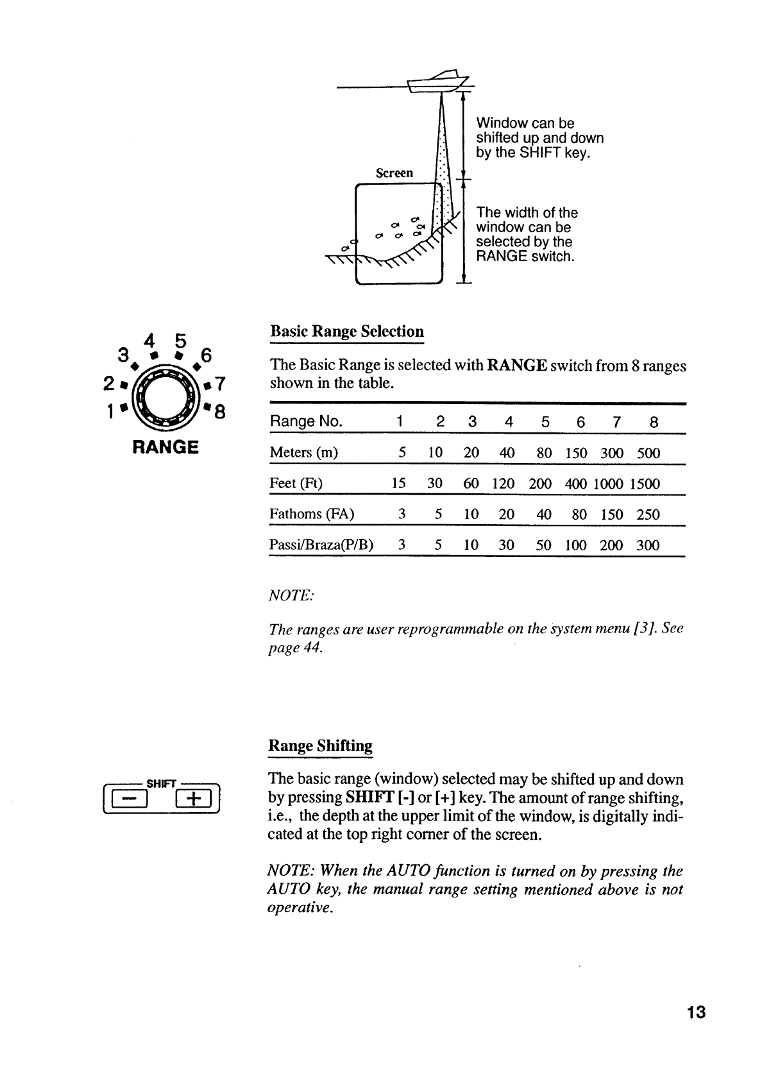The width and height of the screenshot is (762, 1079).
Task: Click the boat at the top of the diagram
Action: [x=441, y=81]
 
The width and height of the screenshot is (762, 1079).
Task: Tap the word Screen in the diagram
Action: [x=394, y=173]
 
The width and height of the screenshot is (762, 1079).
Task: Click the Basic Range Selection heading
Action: [x=347, y=332]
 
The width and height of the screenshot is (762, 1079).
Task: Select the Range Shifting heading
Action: [x=320, y=746]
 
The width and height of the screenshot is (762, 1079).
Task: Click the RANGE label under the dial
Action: [x=165, y=447]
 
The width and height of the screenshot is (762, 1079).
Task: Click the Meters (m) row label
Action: [x=304, y=453]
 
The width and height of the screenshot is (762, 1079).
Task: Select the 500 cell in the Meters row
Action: [x=648, y=453]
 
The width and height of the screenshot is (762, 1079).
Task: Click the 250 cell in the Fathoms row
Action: [x=648, y=514]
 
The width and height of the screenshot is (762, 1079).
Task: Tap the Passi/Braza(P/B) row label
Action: [x=321, y=545]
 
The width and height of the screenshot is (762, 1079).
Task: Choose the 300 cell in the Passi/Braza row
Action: [x=648, y=545]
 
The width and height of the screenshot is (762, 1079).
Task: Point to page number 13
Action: [x=695, y=1013]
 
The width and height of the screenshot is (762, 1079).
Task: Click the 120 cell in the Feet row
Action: [x=504, y=484]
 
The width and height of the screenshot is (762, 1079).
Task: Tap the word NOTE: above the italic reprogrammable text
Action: [x=291, y=596]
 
